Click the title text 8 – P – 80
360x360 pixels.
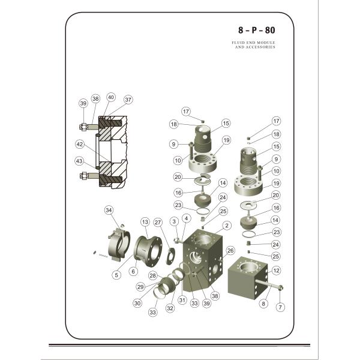pyautogui.click(x=256, y=29)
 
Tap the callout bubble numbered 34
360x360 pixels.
pyautogui.click(x=109, y=210)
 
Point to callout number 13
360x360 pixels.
pyautogui.click(x=145, y=222)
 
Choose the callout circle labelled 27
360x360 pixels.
pyautogui.click(x=158, y=222)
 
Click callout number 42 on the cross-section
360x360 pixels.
pyautogui.click(x=79, y=144)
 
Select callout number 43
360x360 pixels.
pyautogui.click(x=79, y=161)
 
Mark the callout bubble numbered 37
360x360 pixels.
pyautogui.click(x=128, y=100)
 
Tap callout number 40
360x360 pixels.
pyautogui.click(x=111, y=97)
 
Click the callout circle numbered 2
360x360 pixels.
pyautogui.click(x=226, y=226)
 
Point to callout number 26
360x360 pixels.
pyautogui.click(x=230, y=250)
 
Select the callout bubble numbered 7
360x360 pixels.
pyautogui.click(x=279, y=307)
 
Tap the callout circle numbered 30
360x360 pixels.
pyautogui.click(x=137, y=303)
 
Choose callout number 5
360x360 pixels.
pyautogui.click(x=116, y=275)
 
